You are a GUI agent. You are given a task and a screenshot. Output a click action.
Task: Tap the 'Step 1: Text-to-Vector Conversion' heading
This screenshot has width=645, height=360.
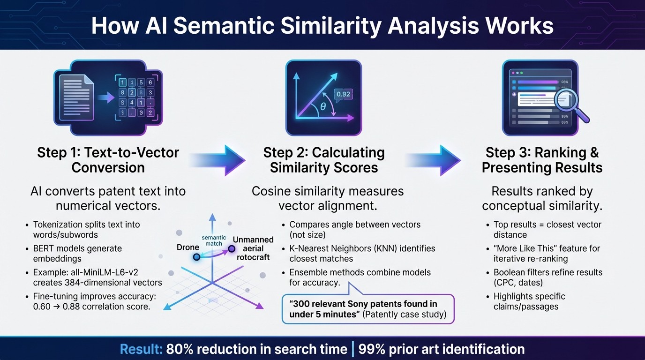tap(108, 160)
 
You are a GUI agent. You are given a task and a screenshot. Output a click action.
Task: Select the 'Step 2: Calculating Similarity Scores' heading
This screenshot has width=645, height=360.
tap(323, 160)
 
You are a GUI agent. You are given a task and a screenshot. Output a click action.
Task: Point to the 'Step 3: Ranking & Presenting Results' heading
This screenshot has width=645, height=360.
tap(542, 160)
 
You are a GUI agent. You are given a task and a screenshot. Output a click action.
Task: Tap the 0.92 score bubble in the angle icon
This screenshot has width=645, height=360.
tap(343, 94)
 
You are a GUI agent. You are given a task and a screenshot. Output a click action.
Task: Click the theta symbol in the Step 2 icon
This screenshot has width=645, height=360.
tap(323, 107)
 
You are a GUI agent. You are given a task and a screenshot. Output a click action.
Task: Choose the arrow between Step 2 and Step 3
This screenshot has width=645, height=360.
tap(433, 160)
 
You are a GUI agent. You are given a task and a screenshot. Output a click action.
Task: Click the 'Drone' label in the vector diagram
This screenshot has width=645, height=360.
tap(187, 247)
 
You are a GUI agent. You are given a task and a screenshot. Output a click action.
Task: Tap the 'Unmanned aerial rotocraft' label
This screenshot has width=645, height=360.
tap(253, 248)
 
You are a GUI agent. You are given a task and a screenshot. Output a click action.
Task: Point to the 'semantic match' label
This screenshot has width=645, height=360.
tap(214, 240)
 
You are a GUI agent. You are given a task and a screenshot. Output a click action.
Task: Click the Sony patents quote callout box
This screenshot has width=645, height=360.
tap(367, 309)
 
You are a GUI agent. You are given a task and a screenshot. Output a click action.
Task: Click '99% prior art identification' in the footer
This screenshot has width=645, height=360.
tap(441, 349)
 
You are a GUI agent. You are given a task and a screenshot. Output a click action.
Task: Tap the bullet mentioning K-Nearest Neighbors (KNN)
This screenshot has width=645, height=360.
tap(362, 253)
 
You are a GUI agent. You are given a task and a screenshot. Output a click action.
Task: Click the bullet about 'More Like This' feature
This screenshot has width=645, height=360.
tap(547, 253)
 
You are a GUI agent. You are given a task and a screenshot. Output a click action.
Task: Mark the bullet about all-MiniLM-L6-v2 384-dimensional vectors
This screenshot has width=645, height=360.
tap(97, 277)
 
